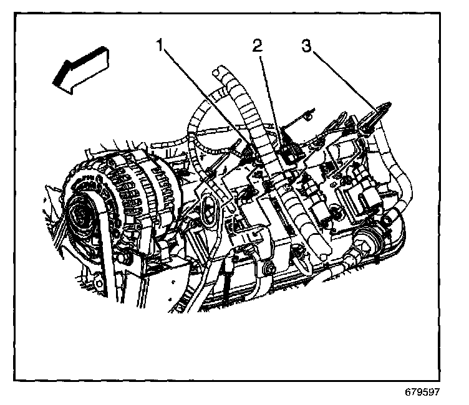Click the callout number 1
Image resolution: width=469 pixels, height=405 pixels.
[161, 45]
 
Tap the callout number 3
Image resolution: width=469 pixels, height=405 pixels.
[306, 45]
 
